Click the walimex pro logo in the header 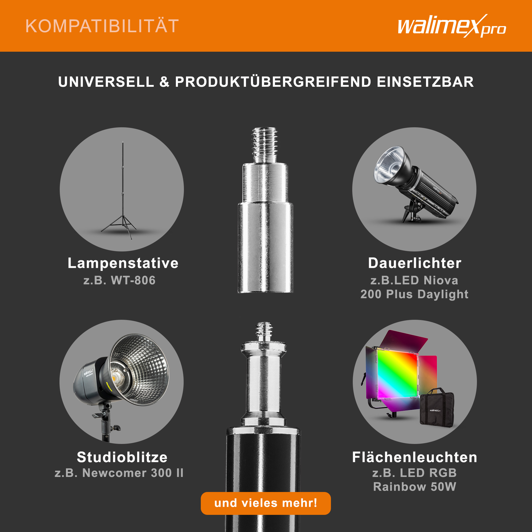[451, 26]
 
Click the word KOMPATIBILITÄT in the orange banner [102, 26]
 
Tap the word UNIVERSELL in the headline [106, 82]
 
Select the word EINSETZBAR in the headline [425, 82]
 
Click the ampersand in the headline [164, 82]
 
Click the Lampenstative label [123, 263]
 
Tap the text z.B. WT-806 [119, 280]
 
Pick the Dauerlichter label [415, 263]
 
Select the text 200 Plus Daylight [414, 294]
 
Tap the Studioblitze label [122, 457]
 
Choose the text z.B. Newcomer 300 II [119, 473]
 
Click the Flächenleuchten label [415, 457]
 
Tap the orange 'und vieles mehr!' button [266, 503]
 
